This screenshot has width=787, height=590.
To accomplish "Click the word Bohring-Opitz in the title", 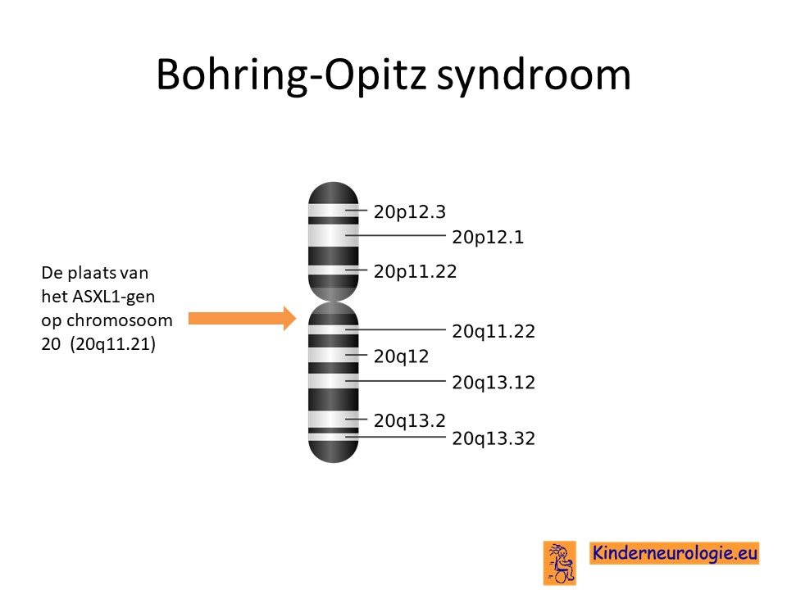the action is [291, 75].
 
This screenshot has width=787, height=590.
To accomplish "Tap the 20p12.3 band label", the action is [410, 211].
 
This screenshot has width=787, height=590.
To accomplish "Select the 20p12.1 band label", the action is [488, 237].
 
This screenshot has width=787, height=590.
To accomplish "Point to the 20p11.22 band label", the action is [415, 271].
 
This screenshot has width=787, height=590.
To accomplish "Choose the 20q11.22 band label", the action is [494, 331].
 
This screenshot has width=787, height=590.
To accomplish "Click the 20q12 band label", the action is [401, 356].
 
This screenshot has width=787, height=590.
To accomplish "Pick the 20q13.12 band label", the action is [494, 383].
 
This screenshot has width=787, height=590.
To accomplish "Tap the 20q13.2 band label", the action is [410, 420].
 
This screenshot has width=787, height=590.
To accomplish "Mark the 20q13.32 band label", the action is [494, 438].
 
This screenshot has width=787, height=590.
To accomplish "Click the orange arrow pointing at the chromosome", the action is [243, 318].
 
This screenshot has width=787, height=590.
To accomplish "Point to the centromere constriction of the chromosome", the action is [334, 301].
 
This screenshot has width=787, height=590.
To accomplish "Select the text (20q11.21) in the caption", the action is [113, 344].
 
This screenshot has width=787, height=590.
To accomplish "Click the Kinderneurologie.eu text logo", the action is [674, 553].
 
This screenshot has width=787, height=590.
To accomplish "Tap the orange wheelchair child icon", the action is [560, 562].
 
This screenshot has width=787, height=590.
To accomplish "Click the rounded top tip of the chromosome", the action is [334, 183].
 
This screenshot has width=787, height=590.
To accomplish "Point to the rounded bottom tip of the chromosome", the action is [334, 461].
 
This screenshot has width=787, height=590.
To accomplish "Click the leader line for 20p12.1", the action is [395, 235].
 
